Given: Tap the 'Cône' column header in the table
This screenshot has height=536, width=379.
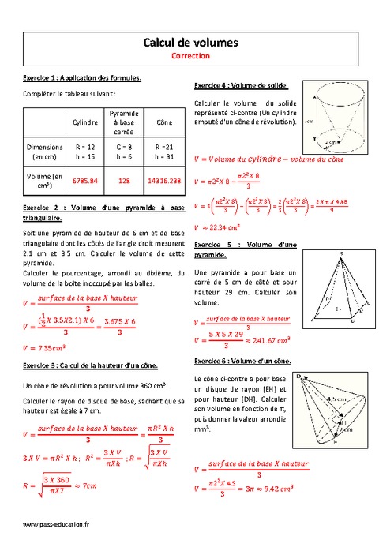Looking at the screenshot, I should coord(164,122).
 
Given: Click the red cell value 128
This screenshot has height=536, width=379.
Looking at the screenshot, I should coord(124,181).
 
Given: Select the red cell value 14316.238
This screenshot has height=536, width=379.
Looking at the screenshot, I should coord(164,181).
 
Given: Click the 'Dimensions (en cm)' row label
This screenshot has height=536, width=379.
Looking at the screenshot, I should coord(44,152).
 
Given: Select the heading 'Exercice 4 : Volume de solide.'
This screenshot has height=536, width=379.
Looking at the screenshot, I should coord(240,84).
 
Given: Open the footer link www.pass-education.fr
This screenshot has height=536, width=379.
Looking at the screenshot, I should coord(56,524).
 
